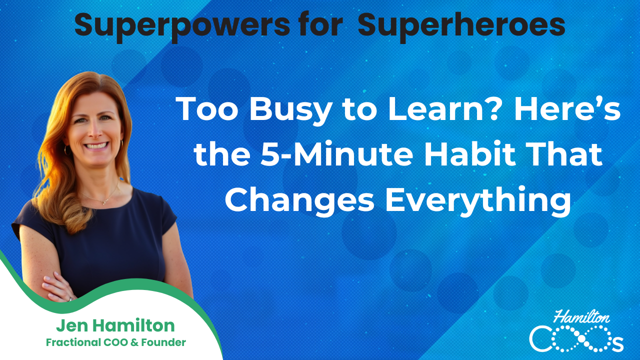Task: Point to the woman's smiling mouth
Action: pos(97,145)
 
